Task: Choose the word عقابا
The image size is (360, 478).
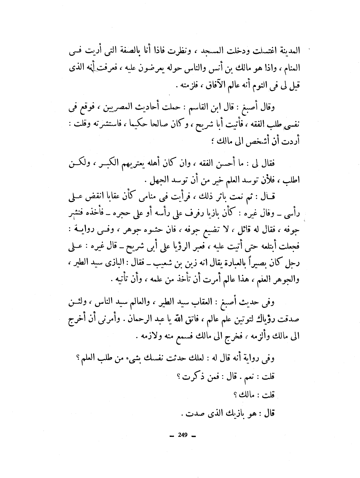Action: pos(106,198)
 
